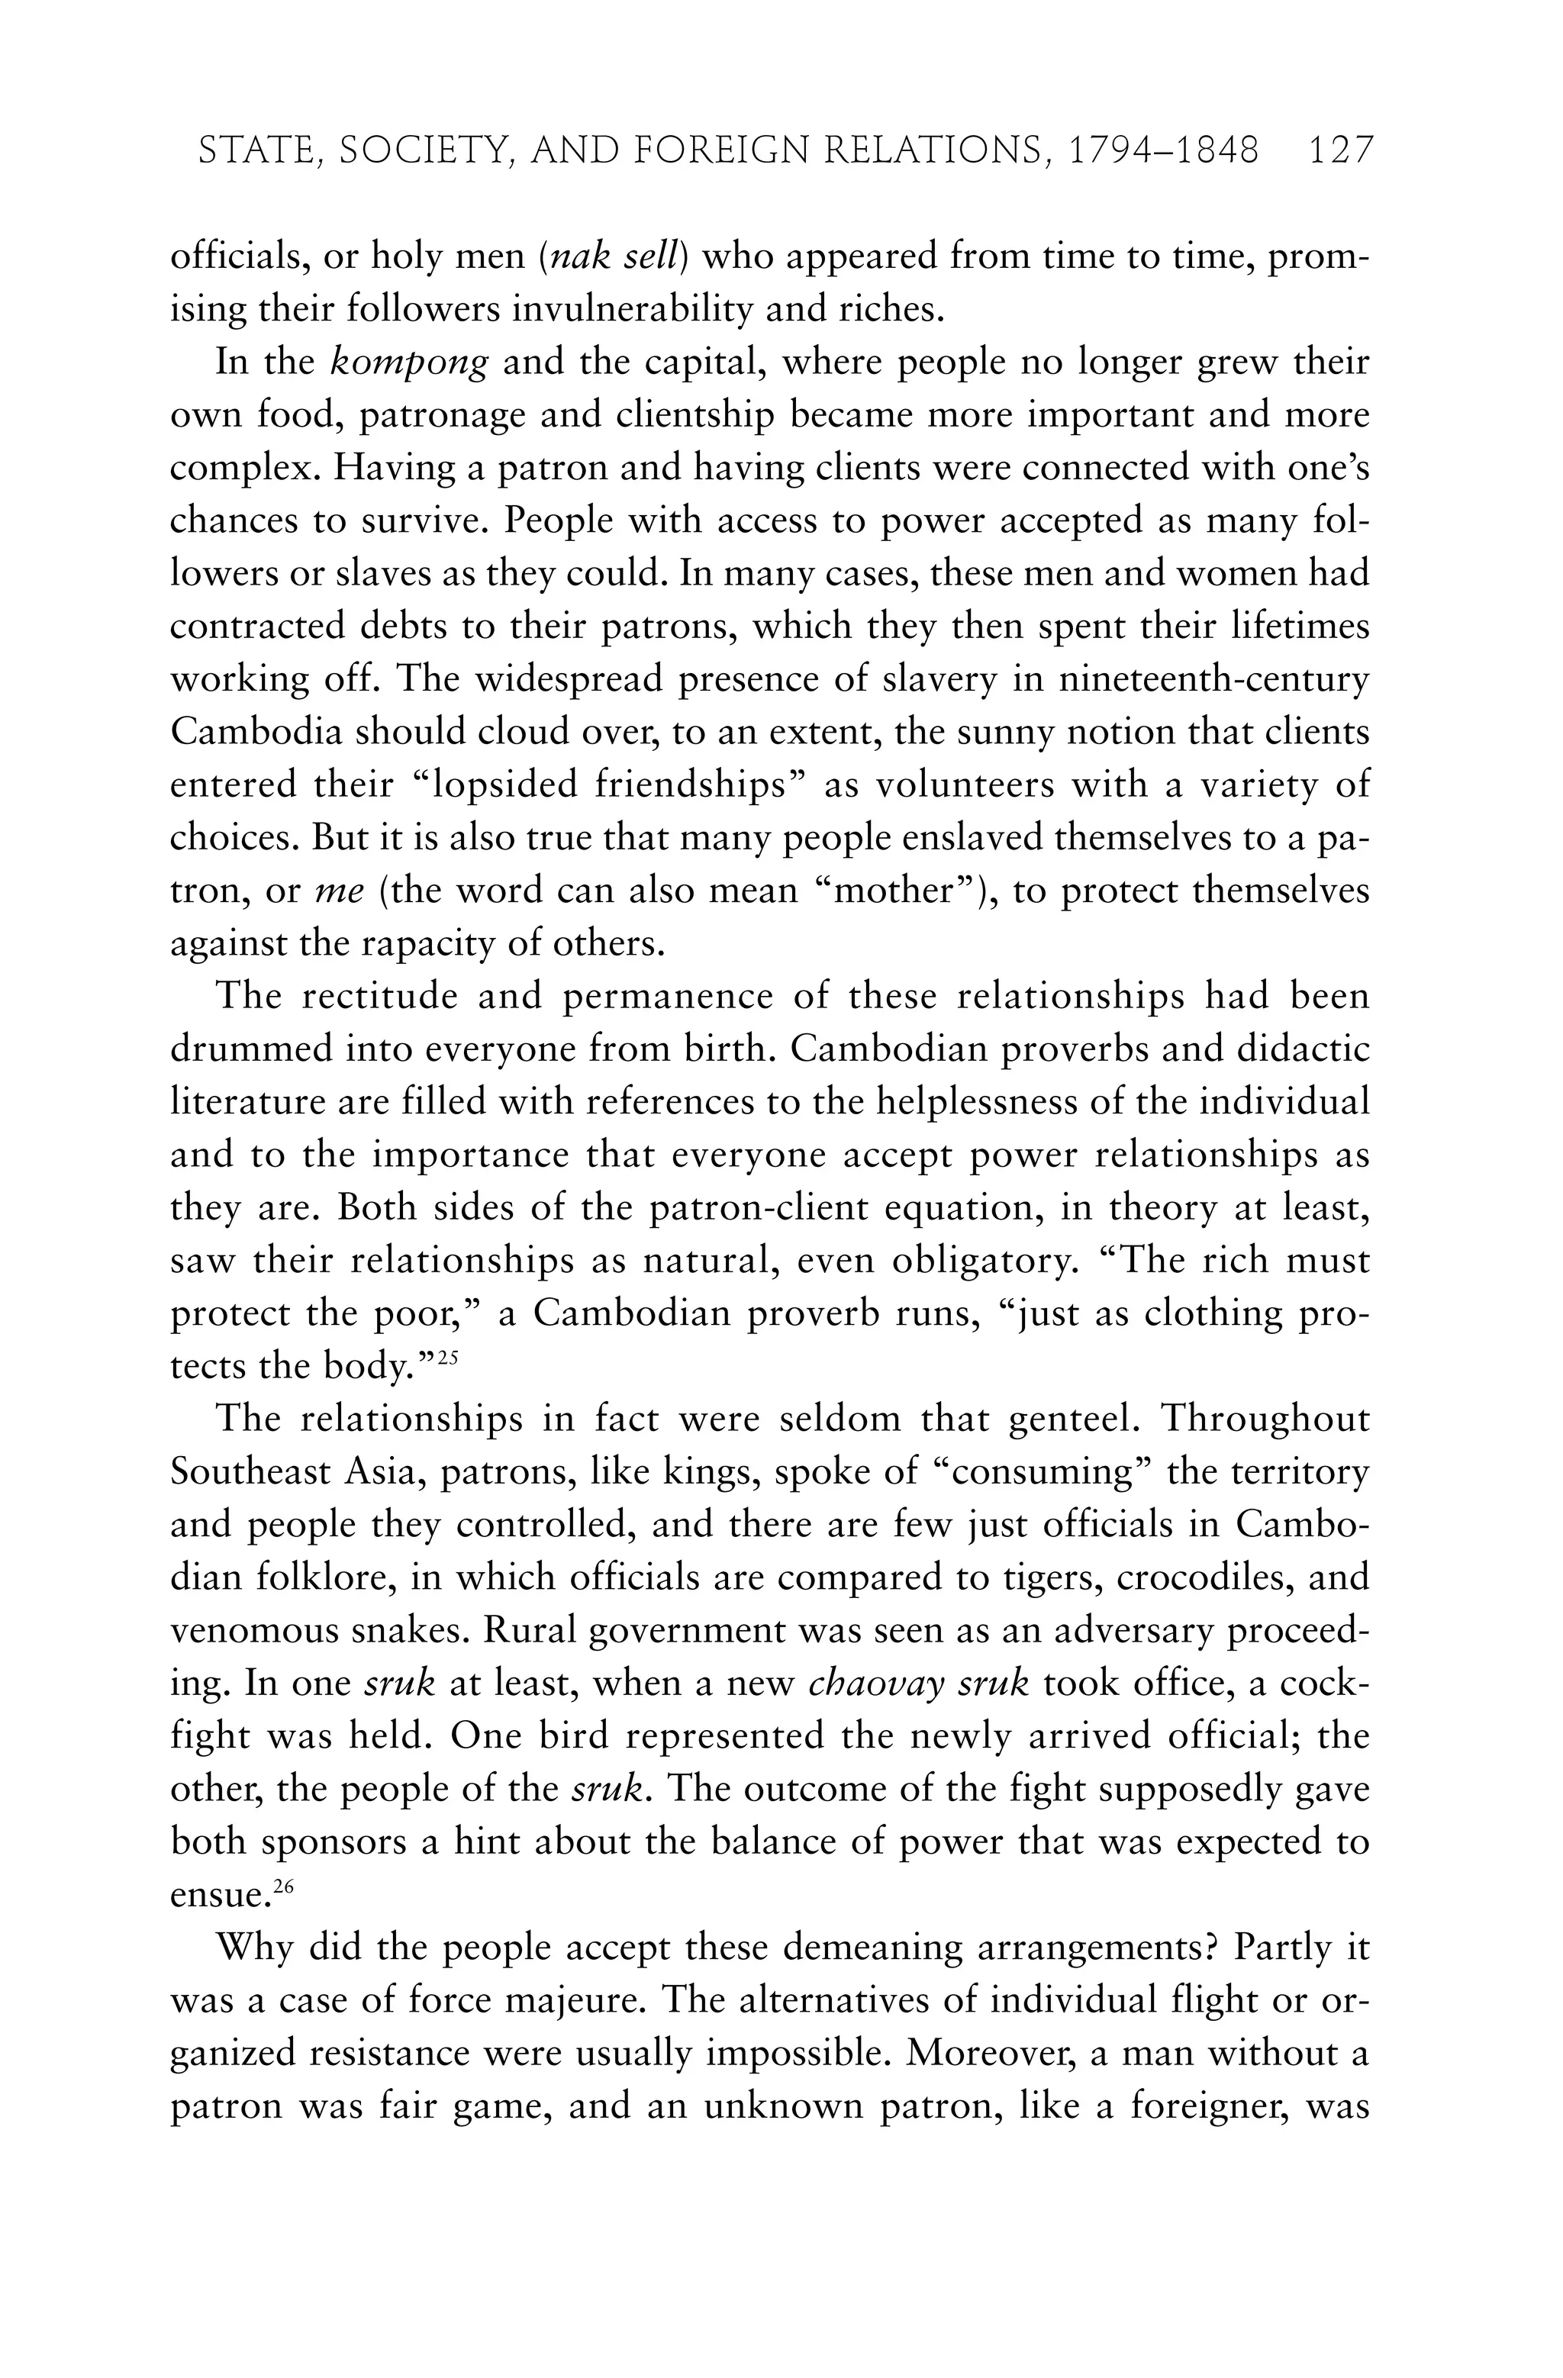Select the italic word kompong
(x=409, y=362)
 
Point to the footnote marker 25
(x=446, y=1357)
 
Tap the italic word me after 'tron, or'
(x=339, y=891)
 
